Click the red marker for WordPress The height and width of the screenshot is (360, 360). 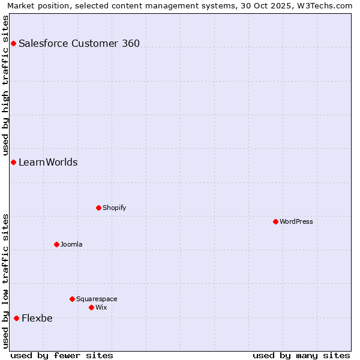[x=275, y=222]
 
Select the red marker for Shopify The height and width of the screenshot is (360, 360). [x=98, y=208]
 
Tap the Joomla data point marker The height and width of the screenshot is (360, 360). [x=56, y=244]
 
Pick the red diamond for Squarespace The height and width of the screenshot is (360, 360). [x=72, y=299]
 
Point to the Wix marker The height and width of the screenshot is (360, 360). [x=91, y=307]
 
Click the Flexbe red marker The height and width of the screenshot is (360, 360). [x=16, y=318]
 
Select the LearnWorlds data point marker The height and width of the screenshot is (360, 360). [x=13, y=163]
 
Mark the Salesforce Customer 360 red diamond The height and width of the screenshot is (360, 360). [x=13, y=43]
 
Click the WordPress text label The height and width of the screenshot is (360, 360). [x=296, y=222]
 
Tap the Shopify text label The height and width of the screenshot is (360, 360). [x=115, y=208]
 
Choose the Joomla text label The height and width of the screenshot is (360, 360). [x=71, y=245]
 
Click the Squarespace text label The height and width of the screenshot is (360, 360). [x=97, y=299]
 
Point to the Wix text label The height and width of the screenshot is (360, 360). [x=101, y=308]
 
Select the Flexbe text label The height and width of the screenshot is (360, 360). [x=37, y=319]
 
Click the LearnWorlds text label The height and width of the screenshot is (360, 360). [x=48, y=163]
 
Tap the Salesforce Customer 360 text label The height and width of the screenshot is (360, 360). [x=79, y=43]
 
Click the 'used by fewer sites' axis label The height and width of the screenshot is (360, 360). [x=62, y=355]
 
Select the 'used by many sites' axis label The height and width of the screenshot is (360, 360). [x=301, y=355]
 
